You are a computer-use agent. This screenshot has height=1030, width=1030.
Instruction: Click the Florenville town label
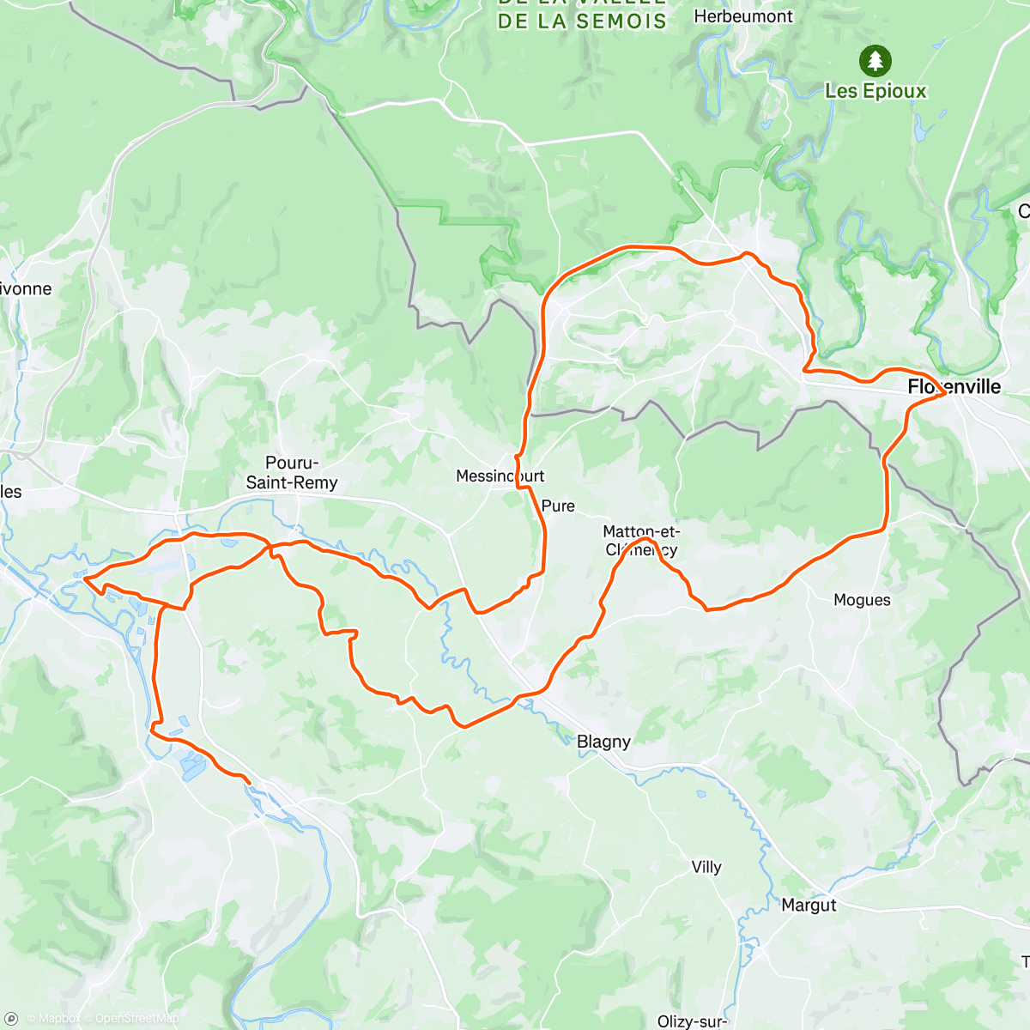[x=954, y=387]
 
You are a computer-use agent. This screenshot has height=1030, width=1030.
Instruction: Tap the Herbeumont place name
[x=743, y=16]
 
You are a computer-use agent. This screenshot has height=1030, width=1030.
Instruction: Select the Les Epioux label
[x=875, y=91]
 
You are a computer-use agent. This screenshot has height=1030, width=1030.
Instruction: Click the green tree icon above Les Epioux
[x=875, y=61]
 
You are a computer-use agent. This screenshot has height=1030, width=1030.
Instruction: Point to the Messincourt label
[x=500, y=476]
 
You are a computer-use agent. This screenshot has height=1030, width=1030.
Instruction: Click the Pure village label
[x=558, y=506]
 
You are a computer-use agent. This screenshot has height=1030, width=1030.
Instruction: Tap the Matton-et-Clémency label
[x=641, y=541]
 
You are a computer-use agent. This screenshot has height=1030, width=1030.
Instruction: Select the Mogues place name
[x=862, y=600]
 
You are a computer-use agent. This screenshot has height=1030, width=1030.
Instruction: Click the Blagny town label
[x=603, y=742]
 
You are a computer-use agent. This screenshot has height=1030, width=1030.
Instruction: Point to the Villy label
[x=706, y=867]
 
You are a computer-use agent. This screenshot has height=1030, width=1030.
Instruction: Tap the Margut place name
[x=809, y=905]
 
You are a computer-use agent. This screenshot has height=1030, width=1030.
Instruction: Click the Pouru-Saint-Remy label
[x=292, y=473]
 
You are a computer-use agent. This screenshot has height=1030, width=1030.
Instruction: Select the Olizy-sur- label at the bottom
[x=692, y=1021]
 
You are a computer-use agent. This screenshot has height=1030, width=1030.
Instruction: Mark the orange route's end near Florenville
[x=944, y=394]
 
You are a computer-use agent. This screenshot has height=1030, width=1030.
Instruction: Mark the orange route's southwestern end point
[x=249, y=782]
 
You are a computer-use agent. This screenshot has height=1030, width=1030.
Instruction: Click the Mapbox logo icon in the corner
[x=11, y=1019]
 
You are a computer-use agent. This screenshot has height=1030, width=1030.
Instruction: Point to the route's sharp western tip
[x=84, y=579]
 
